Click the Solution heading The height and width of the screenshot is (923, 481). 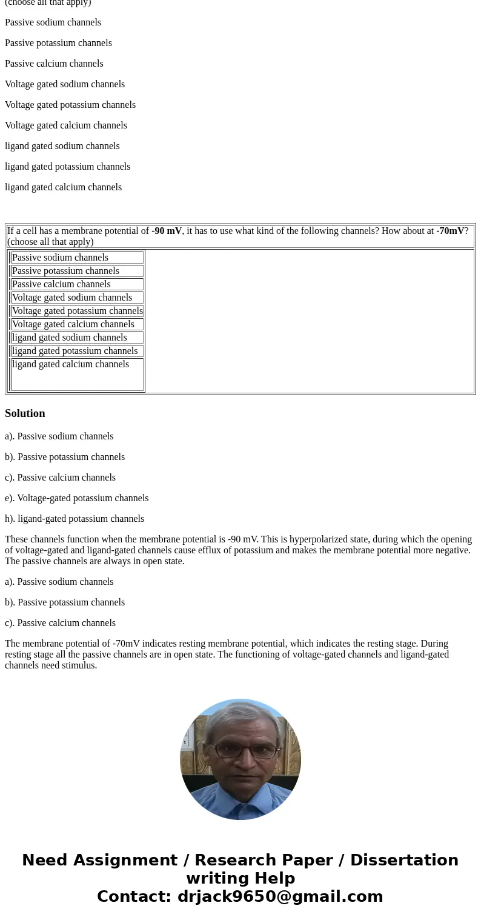(x=25, y=413)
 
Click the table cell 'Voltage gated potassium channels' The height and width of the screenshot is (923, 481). (x=78, y=311)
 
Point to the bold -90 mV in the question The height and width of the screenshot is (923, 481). (x=167, y=231)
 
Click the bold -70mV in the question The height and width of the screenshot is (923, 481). (x=450, y=231)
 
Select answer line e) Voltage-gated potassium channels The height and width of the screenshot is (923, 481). (x=76, y=498)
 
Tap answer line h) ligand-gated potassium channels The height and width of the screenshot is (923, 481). (x=75, y=519)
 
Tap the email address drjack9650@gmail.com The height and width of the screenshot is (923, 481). (x=280, y=897)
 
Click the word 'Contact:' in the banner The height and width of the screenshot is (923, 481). (x=134, y=897)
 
